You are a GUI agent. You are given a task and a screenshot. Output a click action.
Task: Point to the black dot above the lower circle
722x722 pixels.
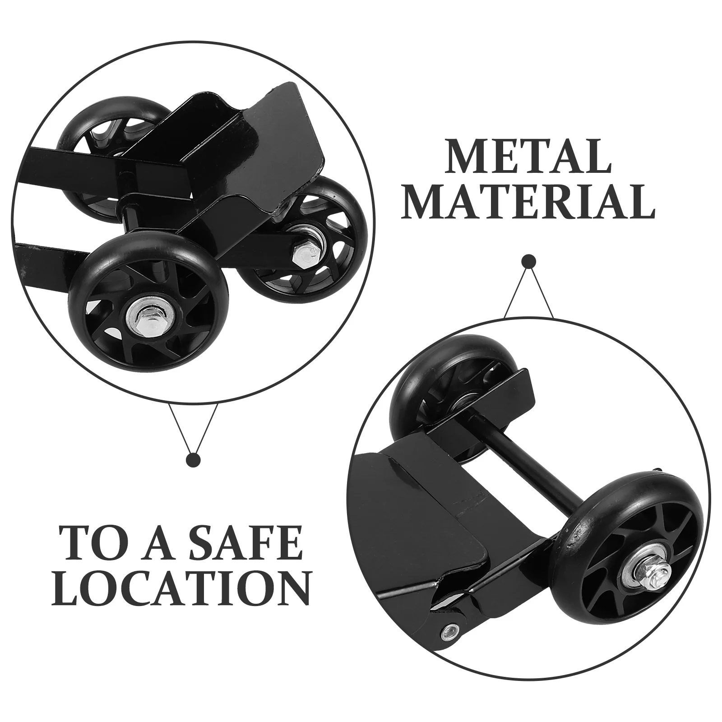point(528,262)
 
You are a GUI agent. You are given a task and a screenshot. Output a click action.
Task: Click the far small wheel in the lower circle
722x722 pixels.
point(433,397)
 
